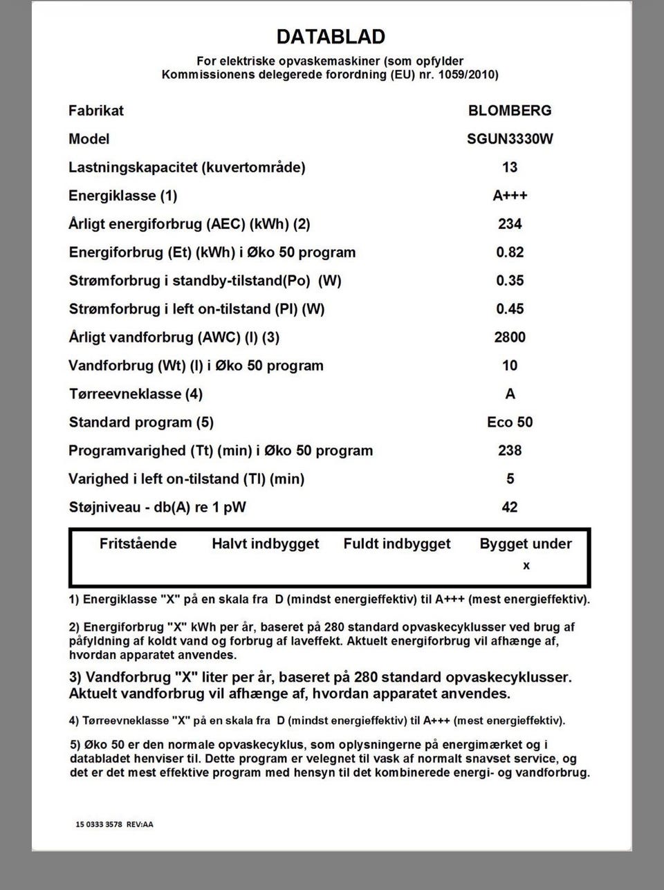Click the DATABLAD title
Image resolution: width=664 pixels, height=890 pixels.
(x=331, y=37)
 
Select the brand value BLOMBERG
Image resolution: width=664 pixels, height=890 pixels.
(x=510, y=111)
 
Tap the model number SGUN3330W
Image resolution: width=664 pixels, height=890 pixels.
(x=510, y=139)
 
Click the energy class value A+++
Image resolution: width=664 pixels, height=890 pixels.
(x=510, y=196)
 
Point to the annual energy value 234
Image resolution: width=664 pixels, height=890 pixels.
(x=510, y=224)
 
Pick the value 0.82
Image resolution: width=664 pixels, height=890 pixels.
(x=510, y=252)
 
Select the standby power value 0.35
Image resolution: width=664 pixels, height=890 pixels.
(x=510, y=281)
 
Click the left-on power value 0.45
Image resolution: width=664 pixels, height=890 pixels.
(x=510, y=309)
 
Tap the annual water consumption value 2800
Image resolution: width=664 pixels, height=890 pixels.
(x=510, y=337)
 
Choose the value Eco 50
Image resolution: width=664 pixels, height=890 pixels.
(x=510, y=423)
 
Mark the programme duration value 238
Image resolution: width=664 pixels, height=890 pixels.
(x=510, y=451)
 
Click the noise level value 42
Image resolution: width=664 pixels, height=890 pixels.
(x=510, y=508)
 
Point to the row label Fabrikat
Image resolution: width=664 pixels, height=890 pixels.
(x=96, y=111)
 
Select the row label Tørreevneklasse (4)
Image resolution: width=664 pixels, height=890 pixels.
(x=136, y=394)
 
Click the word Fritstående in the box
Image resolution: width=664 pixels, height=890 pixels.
(x=138, y=544)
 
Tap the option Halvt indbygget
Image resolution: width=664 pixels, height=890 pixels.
(x=266, y=544)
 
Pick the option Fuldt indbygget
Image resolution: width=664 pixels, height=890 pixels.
(x=397, y=544)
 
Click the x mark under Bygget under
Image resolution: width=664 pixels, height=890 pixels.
(x=526, y=566)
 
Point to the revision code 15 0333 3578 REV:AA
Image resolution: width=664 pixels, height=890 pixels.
(x=115, y=824)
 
